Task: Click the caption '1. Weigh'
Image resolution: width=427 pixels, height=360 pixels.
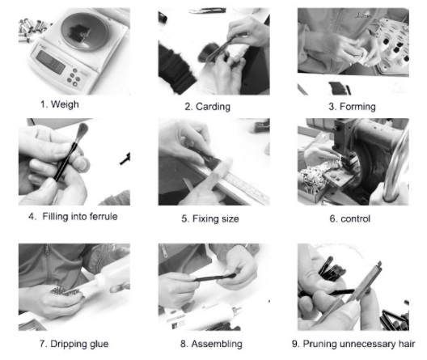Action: point(60,104)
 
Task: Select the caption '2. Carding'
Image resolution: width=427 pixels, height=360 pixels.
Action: point(208,107)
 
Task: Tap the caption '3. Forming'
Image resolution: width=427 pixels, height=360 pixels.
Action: point(352,107)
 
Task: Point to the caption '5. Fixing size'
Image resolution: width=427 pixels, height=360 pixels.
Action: point(210,218)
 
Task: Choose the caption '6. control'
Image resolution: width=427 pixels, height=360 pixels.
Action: point(350,218)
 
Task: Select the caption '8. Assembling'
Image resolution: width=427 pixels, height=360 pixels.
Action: point(211,344)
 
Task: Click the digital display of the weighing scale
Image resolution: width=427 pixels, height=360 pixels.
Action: point(51,62)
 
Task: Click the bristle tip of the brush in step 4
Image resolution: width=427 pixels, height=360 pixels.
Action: point(82,131)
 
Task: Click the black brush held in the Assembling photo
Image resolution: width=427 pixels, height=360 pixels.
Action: point(215,277)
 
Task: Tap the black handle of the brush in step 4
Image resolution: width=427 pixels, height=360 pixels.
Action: point(66,162)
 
